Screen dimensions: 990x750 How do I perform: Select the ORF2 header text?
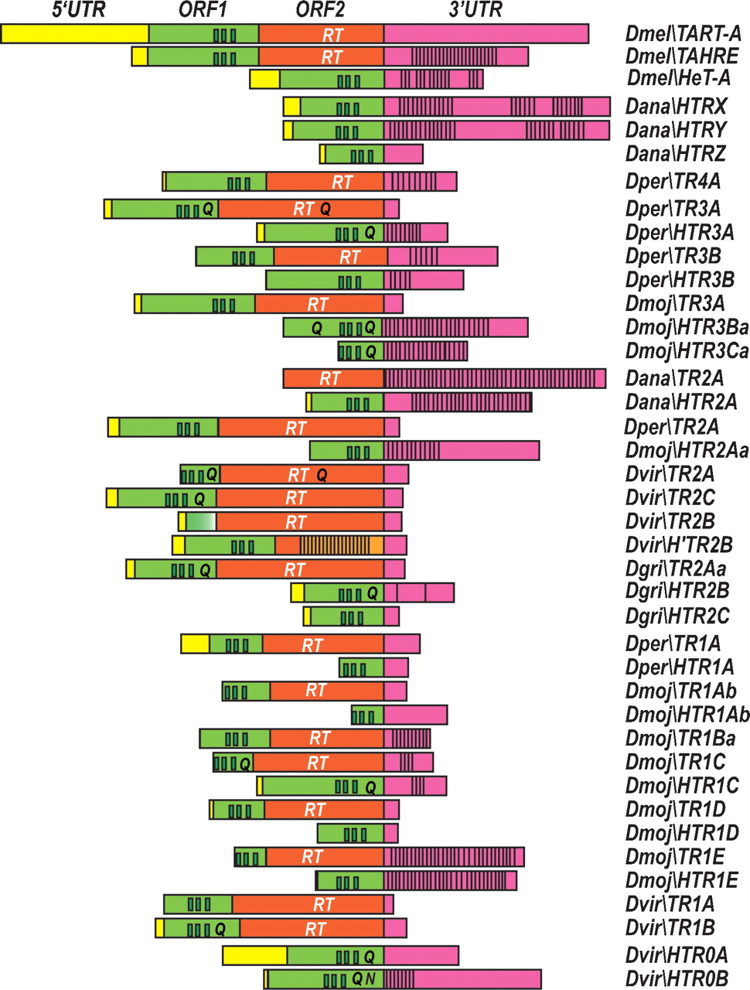point(320,10)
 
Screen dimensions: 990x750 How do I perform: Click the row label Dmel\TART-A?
point(684,34)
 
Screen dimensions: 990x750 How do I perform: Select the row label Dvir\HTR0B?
point(677,979)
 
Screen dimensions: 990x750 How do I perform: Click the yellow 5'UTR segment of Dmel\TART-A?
point(75,34)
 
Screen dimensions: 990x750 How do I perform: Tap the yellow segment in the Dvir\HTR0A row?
point(254,955)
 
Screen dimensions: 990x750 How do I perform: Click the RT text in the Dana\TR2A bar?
point(329,379)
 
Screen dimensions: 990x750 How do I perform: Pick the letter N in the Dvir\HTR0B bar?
point(370,979)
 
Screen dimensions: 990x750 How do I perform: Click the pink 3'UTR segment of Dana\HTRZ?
point(403,154)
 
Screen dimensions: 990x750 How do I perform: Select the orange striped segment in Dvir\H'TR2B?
point(334,545)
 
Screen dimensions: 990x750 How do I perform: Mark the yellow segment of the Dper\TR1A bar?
point(195,643)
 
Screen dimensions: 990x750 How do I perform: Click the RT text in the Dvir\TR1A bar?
point(323,904)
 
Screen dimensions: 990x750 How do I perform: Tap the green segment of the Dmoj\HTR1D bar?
point(349,834)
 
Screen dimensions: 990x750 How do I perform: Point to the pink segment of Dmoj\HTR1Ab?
point(415,715)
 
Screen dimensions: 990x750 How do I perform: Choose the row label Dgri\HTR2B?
point(677,592)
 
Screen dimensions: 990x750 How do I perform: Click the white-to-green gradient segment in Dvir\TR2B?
point(201,522)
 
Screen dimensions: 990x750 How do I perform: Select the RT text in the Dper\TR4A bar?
point(342,182)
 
